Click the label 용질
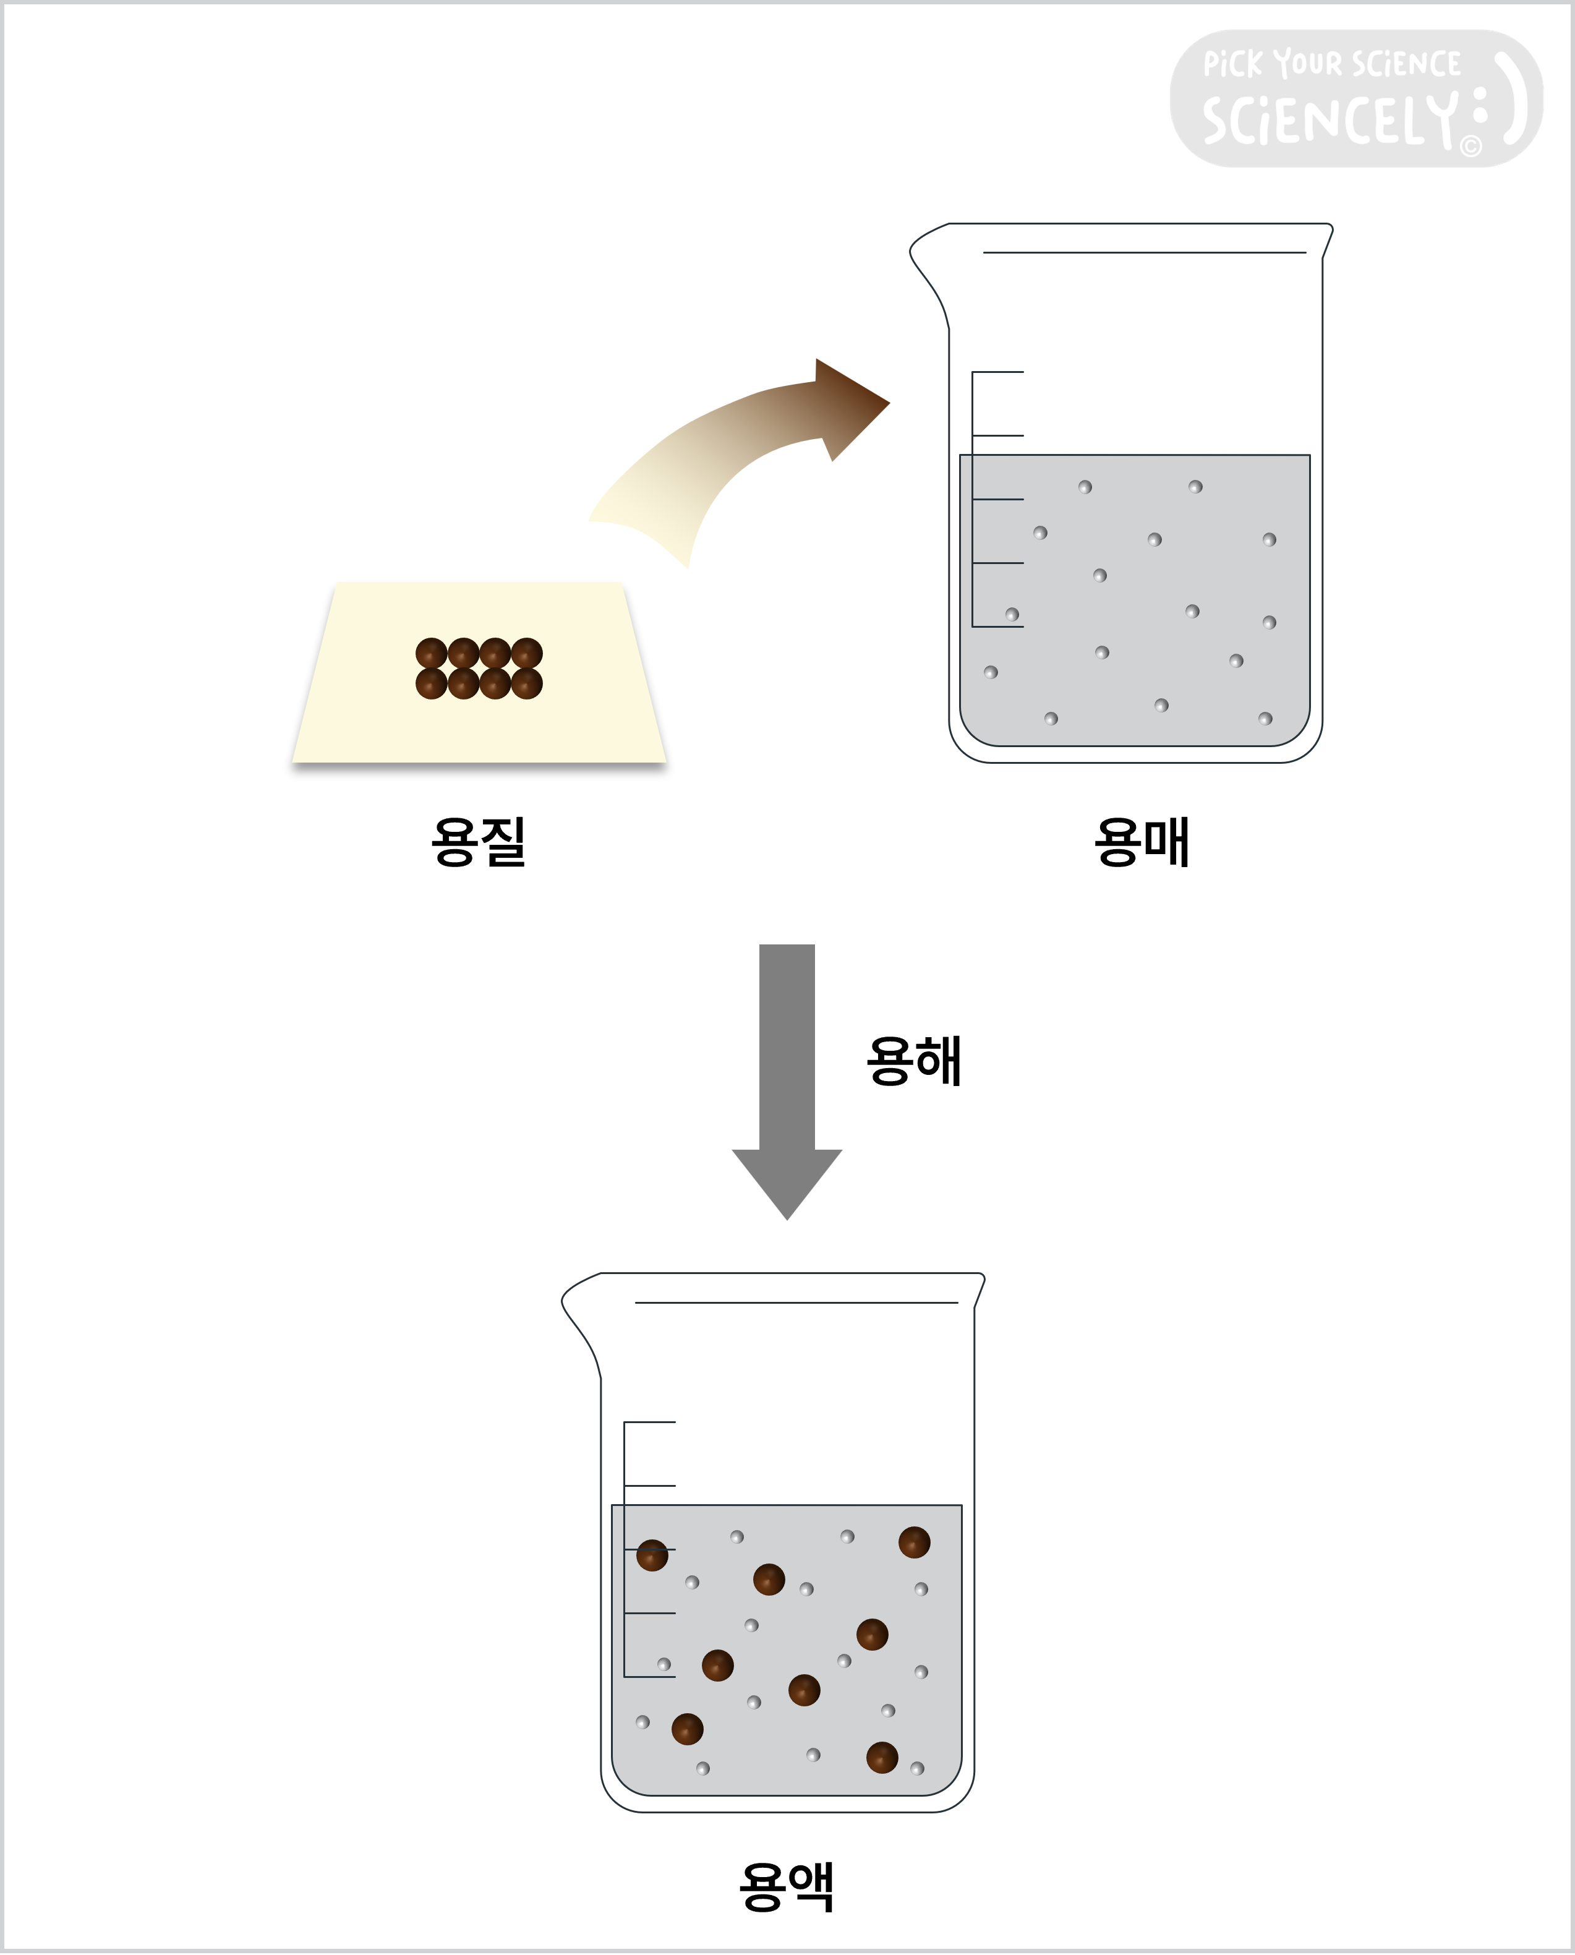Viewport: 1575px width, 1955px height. click(x=478, y=842)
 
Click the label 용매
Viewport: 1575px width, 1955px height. click(x=1142, y=842)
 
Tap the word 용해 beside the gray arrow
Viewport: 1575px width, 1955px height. click(x=913, y=1061)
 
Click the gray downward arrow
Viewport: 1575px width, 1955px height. click(x=787, y=1080)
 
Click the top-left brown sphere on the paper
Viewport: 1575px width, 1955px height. click(x=431, y=652)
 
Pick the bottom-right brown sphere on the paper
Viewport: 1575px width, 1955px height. click(x=527, y=683)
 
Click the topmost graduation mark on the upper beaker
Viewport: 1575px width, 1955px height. click(x=998, y=372)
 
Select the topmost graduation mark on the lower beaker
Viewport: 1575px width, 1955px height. click(x=649, y=1422)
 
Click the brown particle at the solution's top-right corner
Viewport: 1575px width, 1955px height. click(x=913, y=1541)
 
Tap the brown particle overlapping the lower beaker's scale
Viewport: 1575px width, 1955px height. click(x=651, y=1555)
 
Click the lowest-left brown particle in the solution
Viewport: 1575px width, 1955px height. click(x=687, y=1728)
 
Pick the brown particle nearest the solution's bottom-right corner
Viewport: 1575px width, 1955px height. click(x=882, y=1757)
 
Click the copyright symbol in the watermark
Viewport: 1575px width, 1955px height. click(x=1470, y=146)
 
